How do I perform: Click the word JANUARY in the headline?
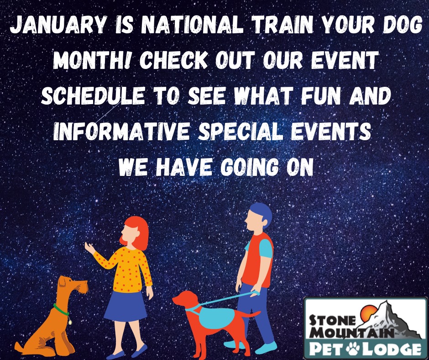(58, 25)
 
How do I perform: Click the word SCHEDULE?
(93, 95)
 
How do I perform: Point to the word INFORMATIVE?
(121, 131)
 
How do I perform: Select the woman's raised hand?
(89, 248)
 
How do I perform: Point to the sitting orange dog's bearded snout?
(82, 287)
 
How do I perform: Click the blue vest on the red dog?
(216, 317)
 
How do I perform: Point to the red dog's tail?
(251, 314)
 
